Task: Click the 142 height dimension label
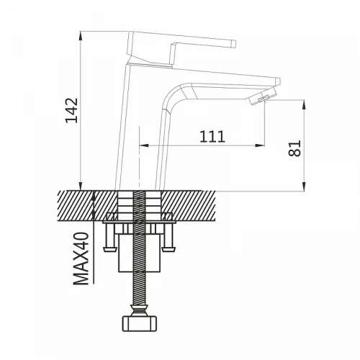tap(72, 110)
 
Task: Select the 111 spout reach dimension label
tap(212, 136)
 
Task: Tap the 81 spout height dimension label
tap(294, 148)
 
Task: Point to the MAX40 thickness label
tap(81, 258)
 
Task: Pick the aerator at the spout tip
tap(258, 99)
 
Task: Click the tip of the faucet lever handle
tap(233, 44)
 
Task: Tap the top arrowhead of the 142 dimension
tap(81, 35)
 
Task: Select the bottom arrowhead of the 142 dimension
tap(81, 186)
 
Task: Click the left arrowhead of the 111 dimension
tap(144, 145)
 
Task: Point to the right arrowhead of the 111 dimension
tap(260, 145)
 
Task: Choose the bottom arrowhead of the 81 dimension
tap(304, 186)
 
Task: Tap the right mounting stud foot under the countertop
tap(168, 250)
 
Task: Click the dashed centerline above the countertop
tap(139, 157)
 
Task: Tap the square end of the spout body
tap(278, 81)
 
